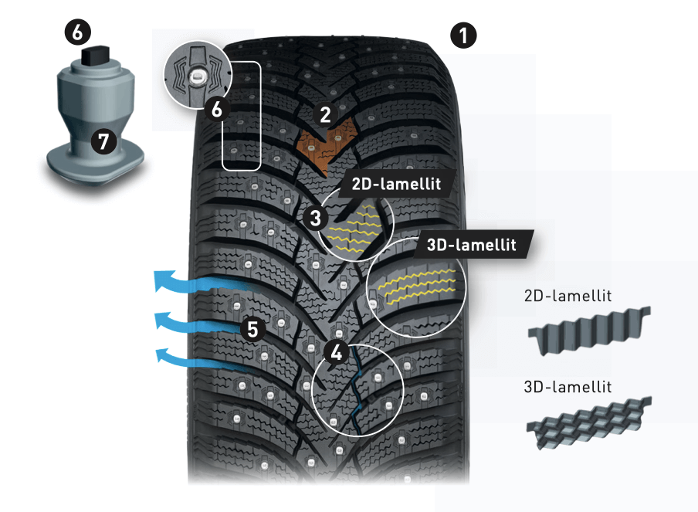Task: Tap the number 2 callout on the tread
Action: (x=325, y=116)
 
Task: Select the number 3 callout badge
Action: (x=315, y=217)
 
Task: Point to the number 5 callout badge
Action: (x=251, y=329)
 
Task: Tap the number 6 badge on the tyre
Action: (x=217, y=110)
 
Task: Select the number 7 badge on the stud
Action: (x=100, y=141)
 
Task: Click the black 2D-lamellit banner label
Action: (x=389, y=185)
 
